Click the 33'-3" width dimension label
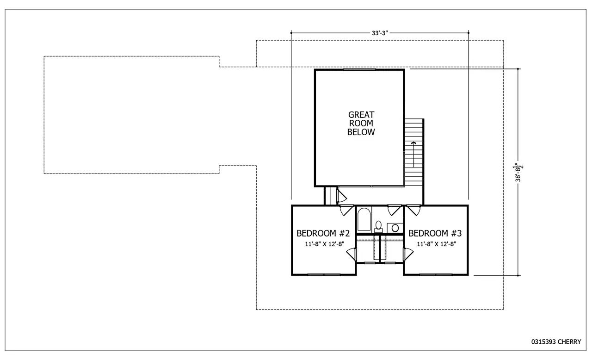pyautogui.click(x=379, y=33)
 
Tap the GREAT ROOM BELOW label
pyautogui.click(x=361, y=123)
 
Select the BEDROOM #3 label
pyautogui.click(x=435, y=233)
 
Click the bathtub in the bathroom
pyautogui.click(x=364, y=221)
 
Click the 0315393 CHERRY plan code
pyautogui.click(x=556, y=342)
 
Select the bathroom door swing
pyautogui.click(x=394, y=211)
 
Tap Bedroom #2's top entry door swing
pyautogui.click(x=346, y=211)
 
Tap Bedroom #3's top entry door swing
pyautogui.click(x=413, y=211)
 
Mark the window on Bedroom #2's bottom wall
pyautogui.click(x=324, y=274)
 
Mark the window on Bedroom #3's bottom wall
pyautogui.click(x=436, y=274)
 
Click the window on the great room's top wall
pyautogui.click(x=359, y=70)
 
